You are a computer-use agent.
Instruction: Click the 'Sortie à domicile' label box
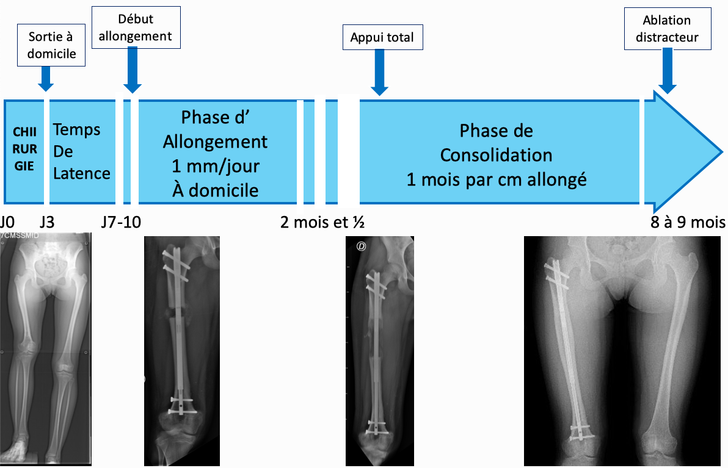pos(51,45)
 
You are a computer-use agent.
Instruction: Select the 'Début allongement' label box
pos(136,27)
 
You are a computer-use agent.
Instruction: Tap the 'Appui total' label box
pos(382,37)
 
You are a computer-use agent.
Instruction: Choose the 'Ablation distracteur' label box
pos(667,29)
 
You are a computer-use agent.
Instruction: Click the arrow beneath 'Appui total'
pos(379,73)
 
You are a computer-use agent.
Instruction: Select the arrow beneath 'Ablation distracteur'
pos(668,71)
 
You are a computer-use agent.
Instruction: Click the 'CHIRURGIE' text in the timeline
pos(24,149)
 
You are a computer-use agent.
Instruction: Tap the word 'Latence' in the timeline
pos(82,173)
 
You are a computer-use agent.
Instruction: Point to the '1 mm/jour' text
pos(216,166)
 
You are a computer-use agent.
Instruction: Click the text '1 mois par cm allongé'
pos(497,179)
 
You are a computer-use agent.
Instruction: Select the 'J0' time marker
pos(7,222)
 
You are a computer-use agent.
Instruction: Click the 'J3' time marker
pos(47,222)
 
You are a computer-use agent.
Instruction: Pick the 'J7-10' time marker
pos(121,222)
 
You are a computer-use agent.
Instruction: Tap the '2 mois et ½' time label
pos(322,222)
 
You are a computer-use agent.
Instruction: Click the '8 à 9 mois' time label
pos(688,222)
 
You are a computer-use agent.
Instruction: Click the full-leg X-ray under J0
pos(45,349)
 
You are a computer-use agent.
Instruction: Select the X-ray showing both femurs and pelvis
pos(622,351)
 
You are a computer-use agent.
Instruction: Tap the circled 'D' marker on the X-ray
pos(361,247)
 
